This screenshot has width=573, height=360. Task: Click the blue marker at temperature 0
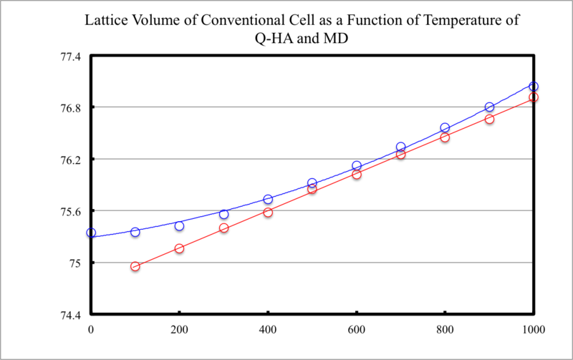click(91, 233)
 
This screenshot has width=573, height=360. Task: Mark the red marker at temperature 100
click(135, 266)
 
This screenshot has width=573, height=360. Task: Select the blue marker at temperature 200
click(179, 225)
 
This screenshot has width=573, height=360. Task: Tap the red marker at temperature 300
click(223, 228)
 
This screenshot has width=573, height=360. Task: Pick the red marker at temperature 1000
click(534, 97)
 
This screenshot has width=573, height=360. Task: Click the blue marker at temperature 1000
click(534, 87)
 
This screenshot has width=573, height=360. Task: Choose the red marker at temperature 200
click(179, 248)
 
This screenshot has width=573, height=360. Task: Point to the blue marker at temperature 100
click(135, 232)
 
